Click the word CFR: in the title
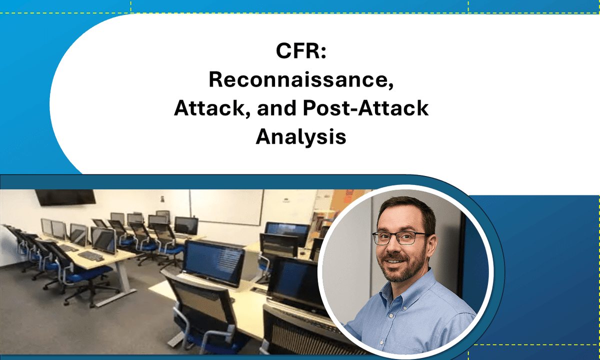(x=300, y=52)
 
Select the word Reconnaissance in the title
(x=300, y=79)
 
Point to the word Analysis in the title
(x=300, y=136)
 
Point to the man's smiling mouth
(x=402, y=262)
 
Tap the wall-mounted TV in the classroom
(x=65, y=196)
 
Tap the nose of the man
(x=398, y=248)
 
